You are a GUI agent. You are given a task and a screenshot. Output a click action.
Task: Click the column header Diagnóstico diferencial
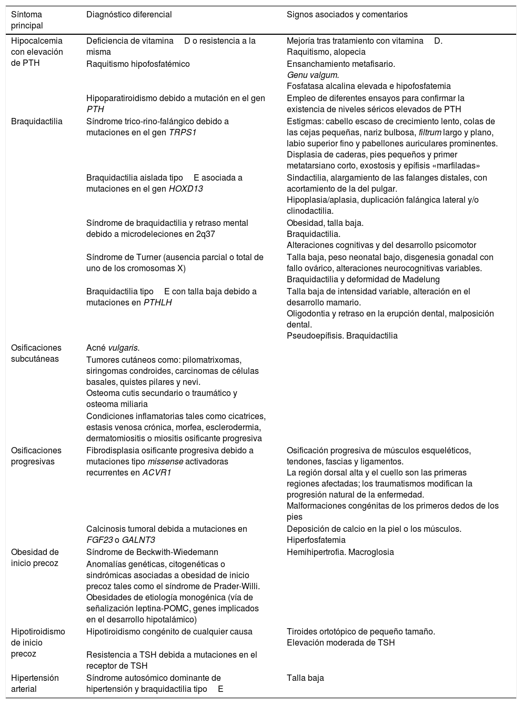[129, 15]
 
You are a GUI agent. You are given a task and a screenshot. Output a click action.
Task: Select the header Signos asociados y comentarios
[347, 15]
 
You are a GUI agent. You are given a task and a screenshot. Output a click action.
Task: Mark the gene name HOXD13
[186, 189]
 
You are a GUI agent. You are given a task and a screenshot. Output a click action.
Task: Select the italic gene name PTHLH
[157, 303]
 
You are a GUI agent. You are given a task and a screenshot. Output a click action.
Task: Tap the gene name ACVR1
[157, 473]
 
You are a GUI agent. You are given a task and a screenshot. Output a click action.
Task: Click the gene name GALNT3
[138, 540]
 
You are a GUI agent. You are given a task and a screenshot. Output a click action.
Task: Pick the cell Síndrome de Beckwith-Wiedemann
[152, 552]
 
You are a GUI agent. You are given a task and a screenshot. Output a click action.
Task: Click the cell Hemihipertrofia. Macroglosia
[340, 552]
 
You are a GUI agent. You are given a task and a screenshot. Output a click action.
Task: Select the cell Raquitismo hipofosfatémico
[138, 64]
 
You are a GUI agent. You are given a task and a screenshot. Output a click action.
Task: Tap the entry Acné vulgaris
[113, 348]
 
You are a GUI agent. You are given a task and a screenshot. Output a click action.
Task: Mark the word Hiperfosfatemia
[316, 540]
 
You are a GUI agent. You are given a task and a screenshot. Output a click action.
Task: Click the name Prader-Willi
[236, 587]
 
